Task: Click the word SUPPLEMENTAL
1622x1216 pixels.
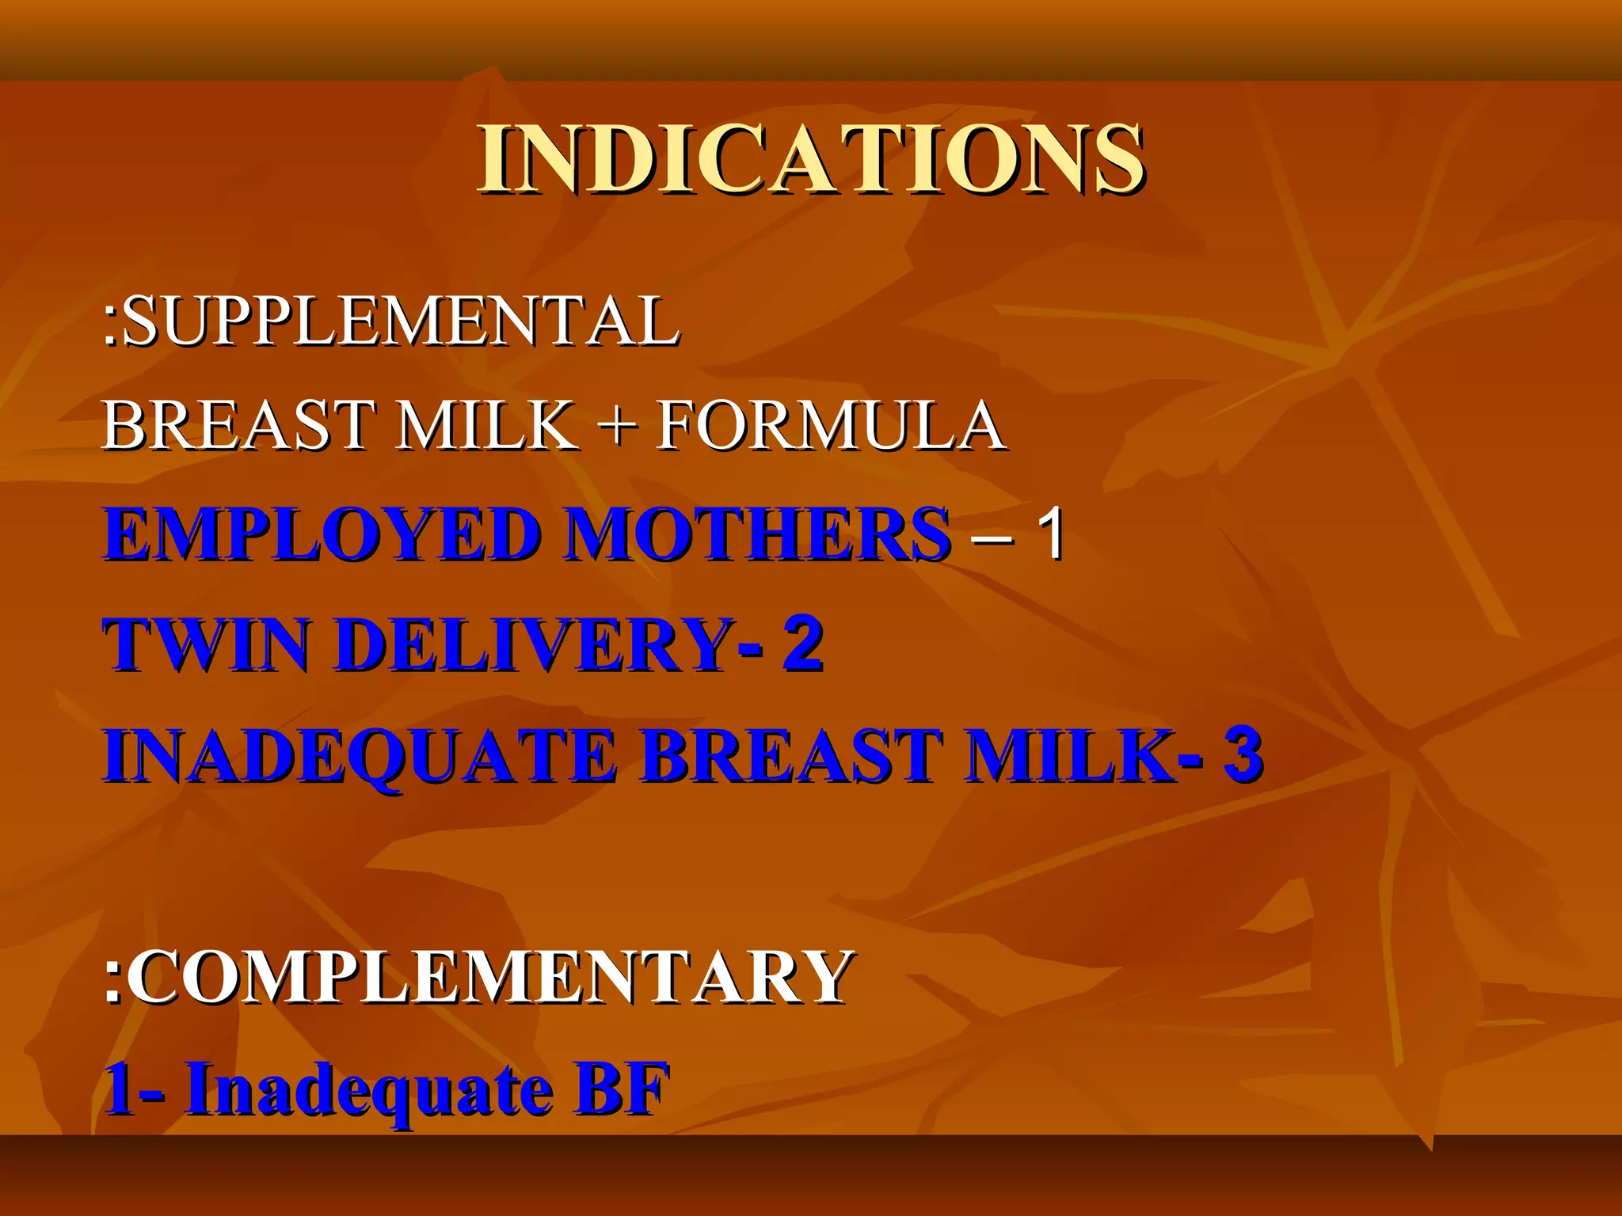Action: tap(401, 320)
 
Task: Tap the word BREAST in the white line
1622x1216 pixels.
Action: tap(238, 425)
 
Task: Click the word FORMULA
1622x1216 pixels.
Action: tap(832, 425)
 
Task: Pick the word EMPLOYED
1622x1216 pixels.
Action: tap(323, 534)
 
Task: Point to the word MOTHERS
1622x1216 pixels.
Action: tap(759, 534)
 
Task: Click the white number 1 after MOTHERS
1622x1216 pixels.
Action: tap(1052, 534)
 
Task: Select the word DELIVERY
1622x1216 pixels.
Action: tap(535, 644)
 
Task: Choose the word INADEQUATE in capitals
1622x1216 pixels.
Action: tap(360, 756)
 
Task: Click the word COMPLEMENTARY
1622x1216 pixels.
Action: tap(489, 977)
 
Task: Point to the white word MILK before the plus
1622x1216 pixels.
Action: tap(487, 425)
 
